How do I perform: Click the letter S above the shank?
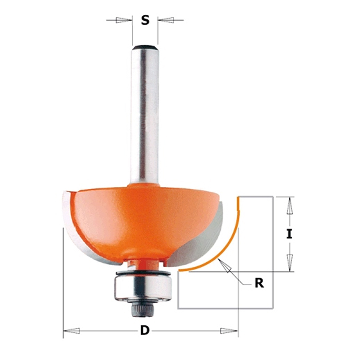(145, 20)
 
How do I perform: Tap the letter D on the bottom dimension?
(145, 331)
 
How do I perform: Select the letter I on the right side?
(289, 234)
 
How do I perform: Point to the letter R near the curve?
(260, 283)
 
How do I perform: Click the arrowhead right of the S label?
(166, 20)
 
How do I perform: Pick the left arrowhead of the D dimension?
(72, 331)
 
